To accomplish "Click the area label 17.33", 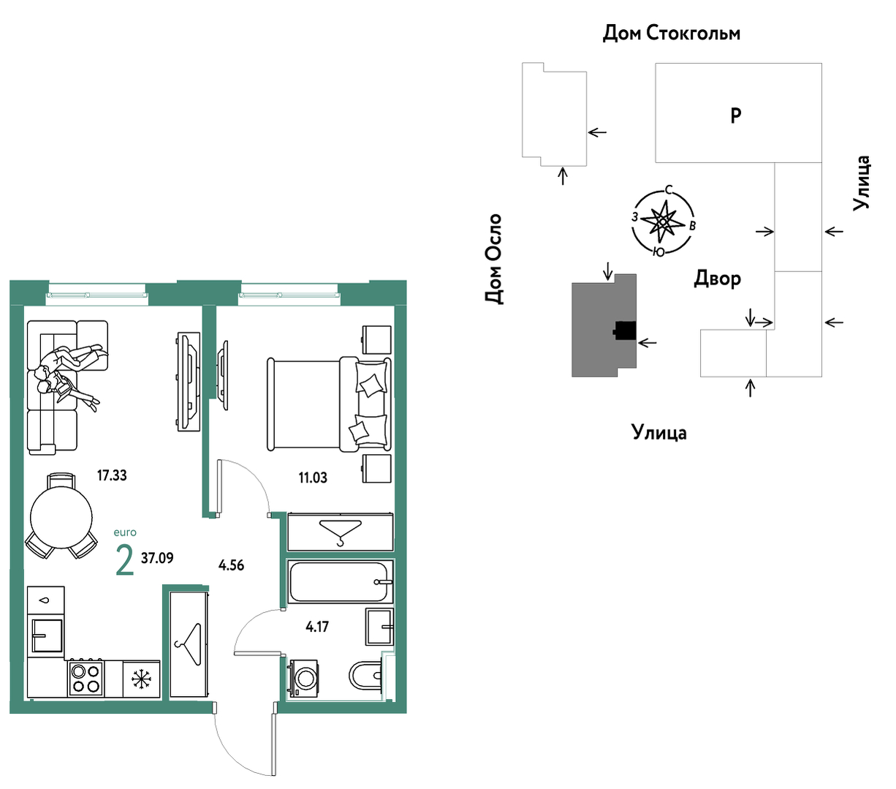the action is [x=112, y=475].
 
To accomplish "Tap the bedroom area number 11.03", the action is [x=313, y=478].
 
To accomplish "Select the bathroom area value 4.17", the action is [x=317, y=627].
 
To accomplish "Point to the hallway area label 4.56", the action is [x=231, y=565].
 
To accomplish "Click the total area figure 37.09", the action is [x=157, y=558].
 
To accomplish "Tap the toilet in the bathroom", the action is [x=365, y=675].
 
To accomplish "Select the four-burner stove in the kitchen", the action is [x=86, y=679].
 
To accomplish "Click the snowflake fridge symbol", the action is [x=142, y=679].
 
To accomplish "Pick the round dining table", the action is [x=61, y=517].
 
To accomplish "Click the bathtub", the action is [x=340, y=581].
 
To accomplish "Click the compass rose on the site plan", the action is [x=662, y=222].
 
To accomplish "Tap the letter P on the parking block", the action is [x=735, y=116].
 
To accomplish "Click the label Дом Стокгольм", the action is [x=672, y=33].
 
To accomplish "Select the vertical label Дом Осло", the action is [x=494, y=259].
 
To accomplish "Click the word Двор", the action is [x=717, y=279].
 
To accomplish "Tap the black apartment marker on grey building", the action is [x=625, y=331].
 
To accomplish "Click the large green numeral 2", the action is [x=125, y=560].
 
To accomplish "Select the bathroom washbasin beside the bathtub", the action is [x=379, y=626].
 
